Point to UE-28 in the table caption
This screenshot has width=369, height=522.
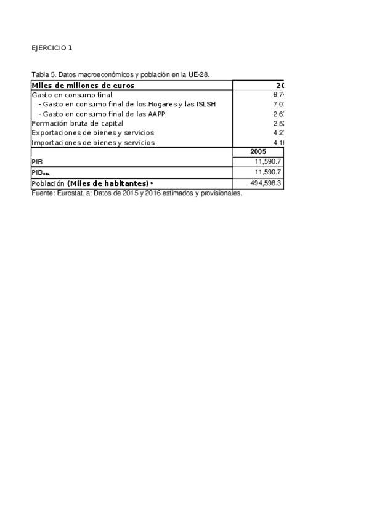200,75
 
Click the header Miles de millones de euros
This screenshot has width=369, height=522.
83,86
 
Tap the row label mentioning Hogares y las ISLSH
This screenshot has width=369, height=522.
127,105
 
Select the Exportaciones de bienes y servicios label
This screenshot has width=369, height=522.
92,133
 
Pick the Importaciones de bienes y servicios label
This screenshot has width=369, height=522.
93,143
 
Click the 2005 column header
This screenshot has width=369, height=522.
258,151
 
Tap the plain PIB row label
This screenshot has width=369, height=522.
37,162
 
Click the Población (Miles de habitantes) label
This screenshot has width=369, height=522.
91,184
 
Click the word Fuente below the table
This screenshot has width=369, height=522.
41,193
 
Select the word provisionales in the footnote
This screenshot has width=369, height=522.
221,193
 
